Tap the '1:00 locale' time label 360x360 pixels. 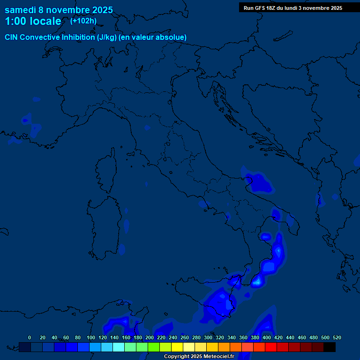pos(33,21)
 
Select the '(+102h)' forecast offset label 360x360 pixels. pos(83,21)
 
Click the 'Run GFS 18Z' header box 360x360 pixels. pos(293,8)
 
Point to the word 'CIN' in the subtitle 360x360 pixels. pos(11,37)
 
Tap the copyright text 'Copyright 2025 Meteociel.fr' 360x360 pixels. pos(199,357)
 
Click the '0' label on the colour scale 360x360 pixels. pos(30,337)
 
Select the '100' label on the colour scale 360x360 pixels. pos(91,337)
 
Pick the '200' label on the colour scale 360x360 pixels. pos(150,337)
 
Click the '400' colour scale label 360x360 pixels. pos(267,337)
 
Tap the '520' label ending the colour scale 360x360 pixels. pos(337,337)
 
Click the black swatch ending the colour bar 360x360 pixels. pos(330,347)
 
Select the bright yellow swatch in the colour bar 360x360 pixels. pos(177,347)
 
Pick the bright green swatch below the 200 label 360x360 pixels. pos(154,347)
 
